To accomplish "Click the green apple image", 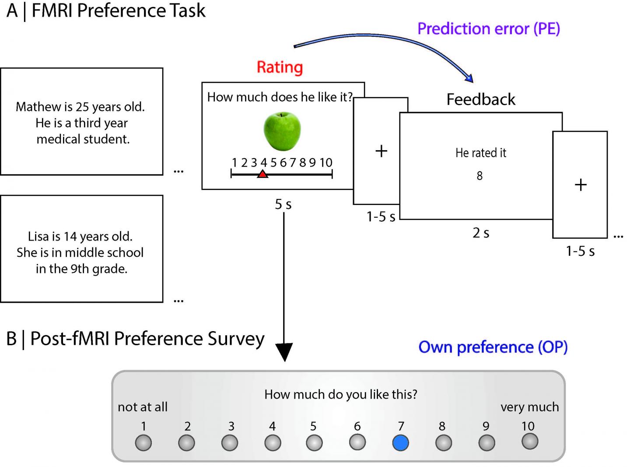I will (x=282, y=131).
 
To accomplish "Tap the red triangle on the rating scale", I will (x=262, y=174).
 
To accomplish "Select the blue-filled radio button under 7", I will (x=400, y=443).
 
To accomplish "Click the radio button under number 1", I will (x=143, y=443).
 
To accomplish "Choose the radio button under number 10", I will (x=530, y=441).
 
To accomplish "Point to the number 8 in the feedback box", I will (x=479, y=176).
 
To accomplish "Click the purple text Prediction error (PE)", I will (x=489, y=29).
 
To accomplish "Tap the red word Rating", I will (x=280, y=67).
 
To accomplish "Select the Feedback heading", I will (x=481, y=99).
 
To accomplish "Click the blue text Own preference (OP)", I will (x=493, y=347).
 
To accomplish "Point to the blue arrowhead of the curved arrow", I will (x=469, y=79).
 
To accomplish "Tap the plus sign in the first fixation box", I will (x=381, y=151).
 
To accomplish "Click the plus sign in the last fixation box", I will (x=580, y=185).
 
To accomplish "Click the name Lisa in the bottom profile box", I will (x=38, y=237).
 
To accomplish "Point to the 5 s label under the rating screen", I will (x=283, y=204).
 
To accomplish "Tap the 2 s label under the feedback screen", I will (x=481, y=233).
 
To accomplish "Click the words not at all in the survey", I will (x=143, y=407).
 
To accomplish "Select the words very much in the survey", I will (x=529, y=407).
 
